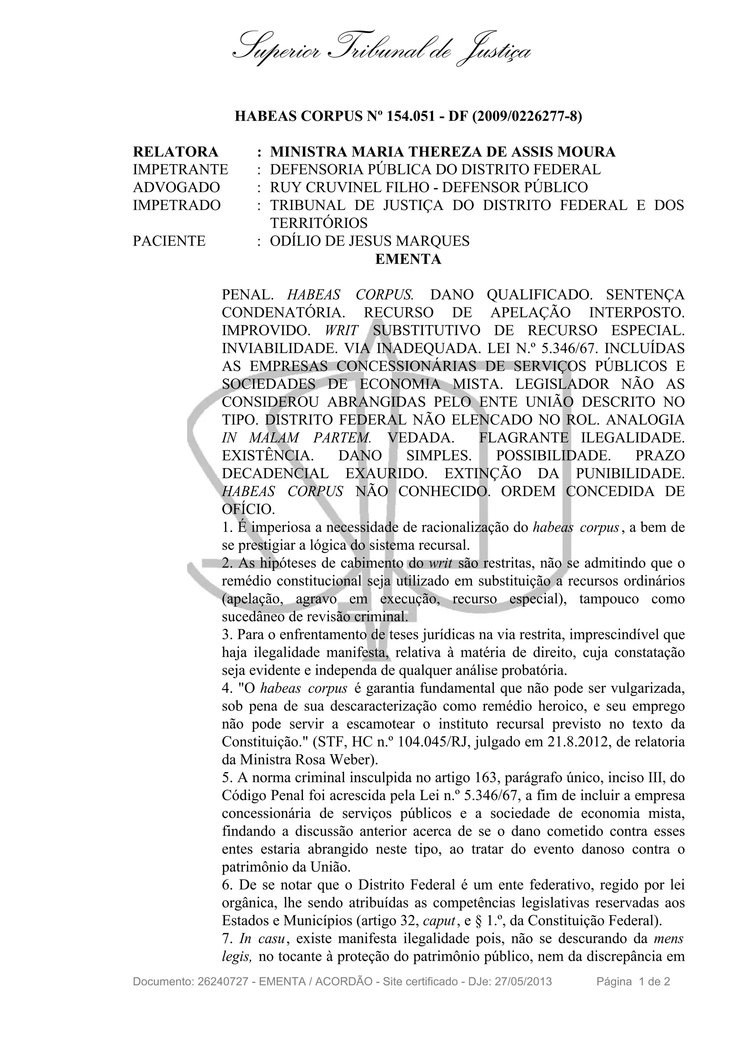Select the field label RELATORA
pos(175,152)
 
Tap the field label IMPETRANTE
pos(180,170)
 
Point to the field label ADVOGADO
pos(176,187)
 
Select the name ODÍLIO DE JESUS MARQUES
pos(369,241)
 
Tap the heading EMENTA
pos(408,259)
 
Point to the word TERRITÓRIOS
pos(319,223)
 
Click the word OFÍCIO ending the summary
pos(247,509)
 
